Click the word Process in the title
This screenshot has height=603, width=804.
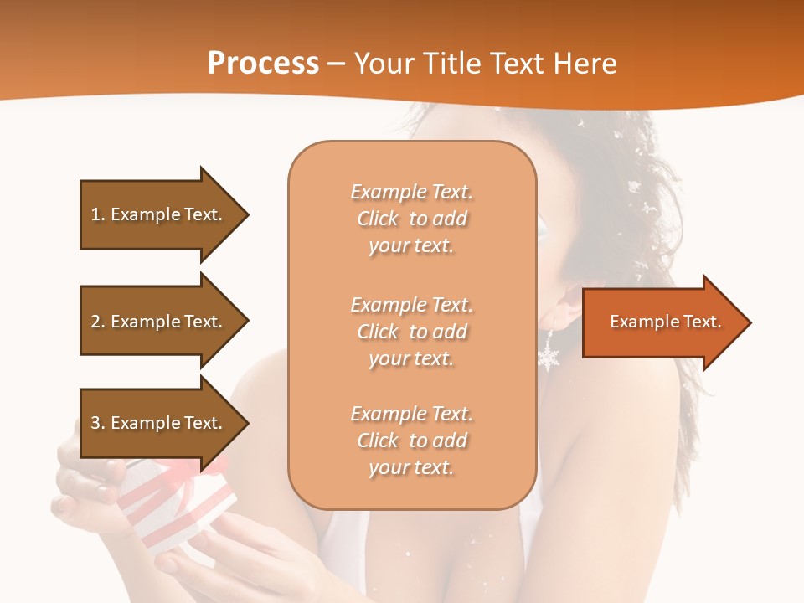pyautogui.click(x=263, y=64)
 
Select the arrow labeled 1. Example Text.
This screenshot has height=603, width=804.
pyautogui.click(x=159, y=214)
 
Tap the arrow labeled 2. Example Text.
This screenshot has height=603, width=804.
pyautogui.click(x=159, y=322)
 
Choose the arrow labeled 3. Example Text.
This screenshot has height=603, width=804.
pyautogui.click(x=159, y=423)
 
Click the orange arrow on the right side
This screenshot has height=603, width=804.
pyautogui.click(x=662, y=322)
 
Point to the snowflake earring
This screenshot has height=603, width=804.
pyautogui.click(x=549, y=357)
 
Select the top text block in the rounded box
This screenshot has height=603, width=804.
pyautogui.click(x=412, y=219)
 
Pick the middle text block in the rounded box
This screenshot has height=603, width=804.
pyautogui.click(x=412, y=332)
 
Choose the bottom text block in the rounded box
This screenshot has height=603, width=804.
pyautogui.click(x=412, y=441)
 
